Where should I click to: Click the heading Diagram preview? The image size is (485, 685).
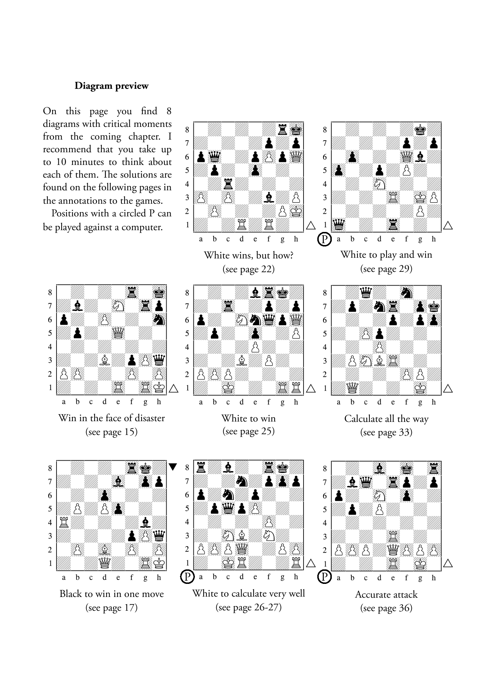[112, 86]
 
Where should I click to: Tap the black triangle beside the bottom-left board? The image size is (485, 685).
[173, 467]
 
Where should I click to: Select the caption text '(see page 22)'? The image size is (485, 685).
[248, 269]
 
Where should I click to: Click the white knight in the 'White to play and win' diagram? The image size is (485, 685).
[379, 184]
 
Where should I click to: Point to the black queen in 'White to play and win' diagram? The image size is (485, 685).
[338, 225]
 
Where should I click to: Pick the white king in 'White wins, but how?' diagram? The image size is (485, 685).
[296, 211]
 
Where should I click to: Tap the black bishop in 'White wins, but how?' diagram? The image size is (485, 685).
[269, 198]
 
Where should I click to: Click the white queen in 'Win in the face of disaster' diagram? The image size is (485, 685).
[118, 333]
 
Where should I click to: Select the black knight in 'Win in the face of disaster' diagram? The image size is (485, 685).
[159, 319]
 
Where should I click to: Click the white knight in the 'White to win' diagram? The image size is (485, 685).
[241, 320]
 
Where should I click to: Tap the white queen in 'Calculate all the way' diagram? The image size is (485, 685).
[352, 388]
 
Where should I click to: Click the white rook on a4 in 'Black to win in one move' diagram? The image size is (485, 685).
[64, 522]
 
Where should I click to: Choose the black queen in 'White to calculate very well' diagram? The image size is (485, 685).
[228, 508]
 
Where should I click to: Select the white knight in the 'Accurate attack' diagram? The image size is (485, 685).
[379, 495]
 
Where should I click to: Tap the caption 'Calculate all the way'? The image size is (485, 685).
[386, 419]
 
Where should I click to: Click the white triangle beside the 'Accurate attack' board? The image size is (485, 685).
[448, 563]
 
